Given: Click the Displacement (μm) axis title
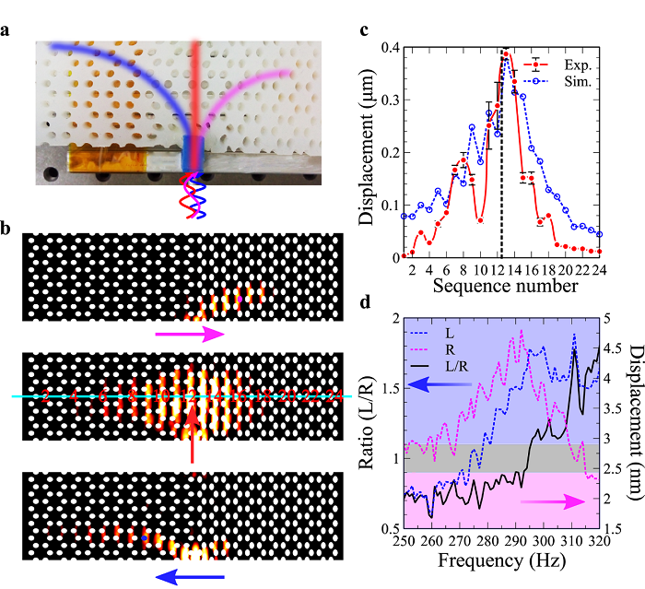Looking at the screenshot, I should coord(368,151).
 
